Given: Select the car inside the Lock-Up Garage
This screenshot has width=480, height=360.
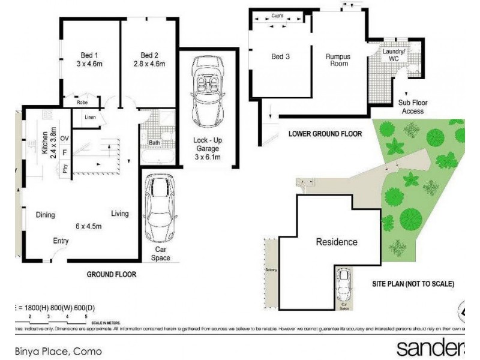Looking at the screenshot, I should point(207,91).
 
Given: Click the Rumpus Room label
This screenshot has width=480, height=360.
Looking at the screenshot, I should point(338,59).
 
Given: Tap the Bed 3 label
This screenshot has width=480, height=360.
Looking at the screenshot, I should point(280,57).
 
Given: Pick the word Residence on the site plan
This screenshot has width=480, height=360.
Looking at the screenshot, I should point(337,242).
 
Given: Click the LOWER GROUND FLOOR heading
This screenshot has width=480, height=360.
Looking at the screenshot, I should point(325,134).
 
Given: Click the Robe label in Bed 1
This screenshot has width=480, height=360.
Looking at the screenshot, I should point(82,103).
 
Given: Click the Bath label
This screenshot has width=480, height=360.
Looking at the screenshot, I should point(154,143).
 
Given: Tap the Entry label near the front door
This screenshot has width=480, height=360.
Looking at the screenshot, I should point(61,241).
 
